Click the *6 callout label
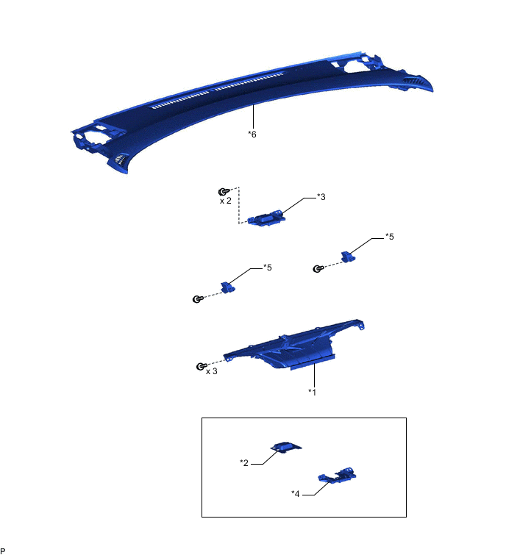point(252,134)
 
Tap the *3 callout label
point(321,197)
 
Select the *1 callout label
point(312,392)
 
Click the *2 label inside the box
point(244,462)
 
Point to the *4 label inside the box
point(296,493)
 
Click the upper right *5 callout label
point(390,237)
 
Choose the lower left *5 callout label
point(267,268)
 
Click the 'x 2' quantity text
point(226,201)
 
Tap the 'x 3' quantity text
point(211,371)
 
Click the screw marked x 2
point(223,192)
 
